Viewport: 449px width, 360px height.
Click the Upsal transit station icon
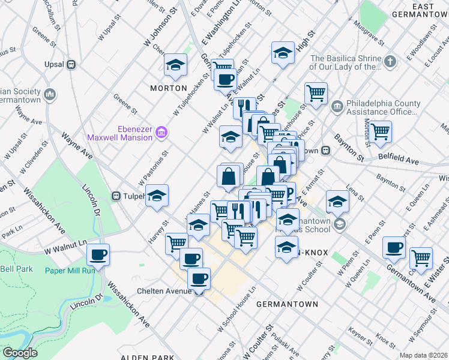tap(71, 64)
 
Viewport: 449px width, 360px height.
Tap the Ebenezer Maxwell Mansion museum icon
tap(161, 132)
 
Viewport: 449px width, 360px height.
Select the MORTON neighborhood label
tap(169, 88)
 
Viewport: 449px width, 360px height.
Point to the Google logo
tap(19, 352)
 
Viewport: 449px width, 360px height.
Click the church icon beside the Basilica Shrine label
tap(390, 61)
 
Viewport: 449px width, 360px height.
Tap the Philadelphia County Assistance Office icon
tap(337, 106)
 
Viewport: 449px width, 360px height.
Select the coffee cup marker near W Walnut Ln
tap(98, 254)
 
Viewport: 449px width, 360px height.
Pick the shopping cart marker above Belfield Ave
tap(380, 130)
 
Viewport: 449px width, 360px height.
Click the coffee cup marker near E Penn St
tap(394, 247)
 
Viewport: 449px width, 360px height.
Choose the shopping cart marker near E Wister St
tap(421, 257)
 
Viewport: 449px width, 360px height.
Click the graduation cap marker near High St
tap(283, 52)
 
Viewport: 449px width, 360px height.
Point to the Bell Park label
tap(17, 269)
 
